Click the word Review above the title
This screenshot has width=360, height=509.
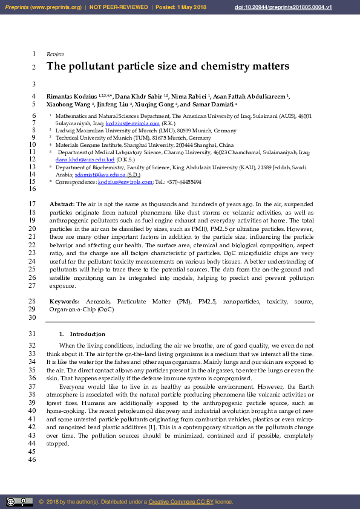click(55, 54)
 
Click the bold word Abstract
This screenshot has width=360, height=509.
click(62, 204)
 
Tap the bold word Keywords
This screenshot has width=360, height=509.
click(64, 300)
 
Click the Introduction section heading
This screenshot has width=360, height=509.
click(87, 334)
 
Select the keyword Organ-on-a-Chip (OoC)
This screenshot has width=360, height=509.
click(81, 309)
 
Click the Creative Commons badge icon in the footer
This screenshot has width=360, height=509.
click(19, 501)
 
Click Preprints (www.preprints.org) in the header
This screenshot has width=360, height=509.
click(43, 7)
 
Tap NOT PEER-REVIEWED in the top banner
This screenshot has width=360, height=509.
click(119, 7)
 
